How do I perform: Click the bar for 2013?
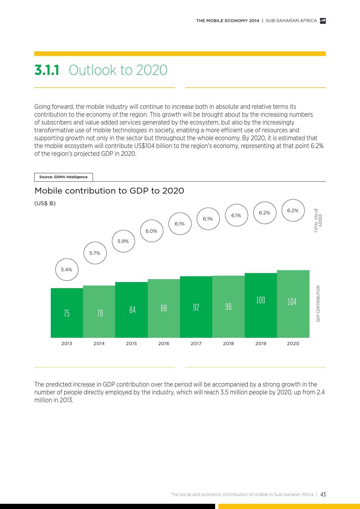[x=67, y=313]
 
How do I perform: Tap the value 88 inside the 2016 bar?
[x=164, y=308]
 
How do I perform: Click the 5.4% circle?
[x=67, y=270]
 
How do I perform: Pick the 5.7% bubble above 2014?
[x=95, y=253]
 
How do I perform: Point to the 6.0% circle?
[x=152, y=231]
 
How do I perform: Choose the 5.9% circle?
[x=123, y=241]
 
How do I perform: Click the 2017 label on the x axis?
[x=196, y=343]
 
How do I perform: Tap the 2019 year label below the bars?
[x=261, y=343]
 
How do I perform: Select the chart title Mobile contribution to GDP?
[x=109, y=191]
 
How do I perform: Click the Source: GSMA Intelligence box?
[x=63, y=177]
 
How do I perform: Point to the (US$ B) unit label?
[x=45, y=203]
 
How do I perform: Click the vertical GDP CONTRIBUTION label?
[x=318, y=304]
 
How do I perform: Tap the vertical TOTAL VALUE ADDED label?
[x=318, y=220]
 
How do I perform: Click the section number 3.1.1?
[x=47, y=70]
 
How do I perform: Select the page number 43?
[x=323, y=494]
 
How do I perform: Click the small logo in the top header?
[x=323, y=21]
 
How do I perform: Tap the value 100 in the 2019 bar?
[x=261, y=300]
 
